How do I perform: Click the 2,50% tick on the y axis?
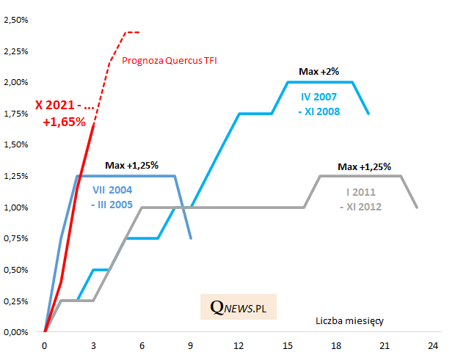[15, 20]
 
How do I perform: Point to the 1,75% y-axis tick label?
[15, 114]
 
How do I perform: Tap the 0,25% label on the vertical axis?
[15, 301]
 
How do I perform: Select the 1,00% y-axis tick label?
[15, 207]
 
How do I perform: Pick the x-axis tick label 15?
[287, 345]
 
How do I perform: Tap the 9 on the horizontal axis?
[190, 345]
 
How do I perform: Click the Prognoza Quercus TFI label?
[170, 61]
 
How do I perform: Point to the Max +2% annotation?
[318, 71]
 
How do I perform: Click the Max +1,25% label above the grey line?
[364, 166]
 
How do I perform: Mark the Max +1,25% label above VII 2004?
[131, 164]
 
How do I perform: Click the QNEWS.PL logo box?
[239, 307]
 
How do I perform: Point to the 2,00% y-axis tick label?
[15, 82]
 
